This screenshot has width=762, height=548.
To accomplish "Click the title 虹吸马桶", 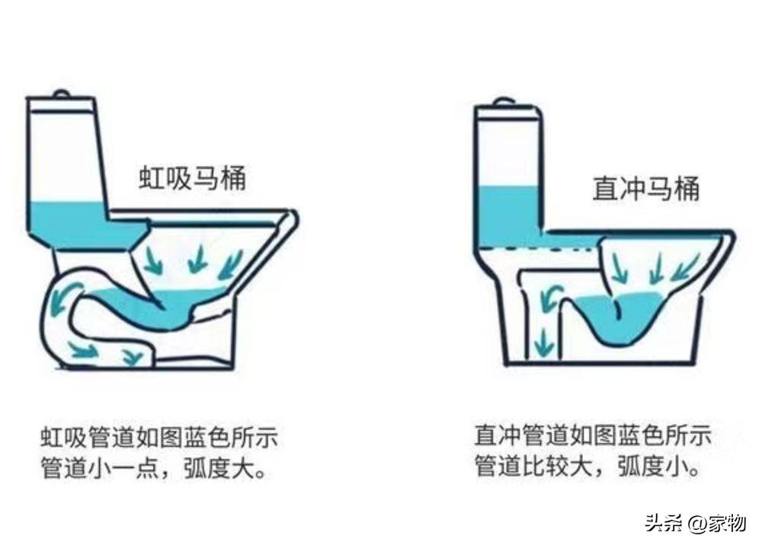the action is click(x=193, y=178).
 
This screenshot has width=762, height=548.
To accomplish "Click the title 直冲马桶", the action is click(x=646, y=188).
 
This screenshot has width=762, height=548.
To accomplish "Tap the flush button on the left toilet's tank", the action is click(x=61, y=93).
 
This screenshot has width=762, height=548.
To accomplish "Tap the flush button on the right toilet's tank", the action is click(x=504, y=103).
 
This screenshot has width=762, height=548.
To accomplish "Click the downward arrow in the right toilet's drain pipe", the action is click(x=543, y=342).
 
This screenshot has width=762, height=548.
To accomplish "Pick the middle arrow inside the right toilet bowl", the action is click(x=658, y=269).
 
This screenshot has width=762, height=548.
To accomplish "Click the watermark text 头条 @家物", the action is click(x=696, y=524).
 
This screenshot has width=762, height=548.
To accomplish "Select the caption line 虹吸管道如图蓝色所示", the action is click(x=159, y=438).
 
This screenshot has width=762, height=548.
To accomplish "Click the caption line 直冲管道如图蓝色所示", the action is click(x=593, y=435).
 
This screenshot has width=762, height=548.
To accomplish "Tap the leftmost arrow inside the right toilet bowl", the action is click(x=619, y=269).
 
